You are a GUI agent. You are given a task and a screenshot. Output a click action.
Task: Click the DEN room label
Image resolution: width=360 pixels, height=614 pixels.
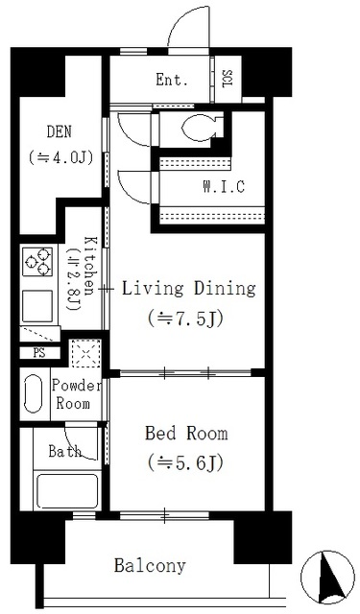tap(60, 132)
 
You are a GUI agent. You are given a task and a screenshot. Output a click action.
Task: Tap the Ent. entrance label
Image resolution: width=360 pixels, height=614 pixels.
tap(172, 80)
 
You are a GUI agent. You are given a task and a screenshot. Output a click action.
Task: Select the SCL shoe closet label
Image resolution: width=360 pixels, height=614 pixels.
tap(228, 79)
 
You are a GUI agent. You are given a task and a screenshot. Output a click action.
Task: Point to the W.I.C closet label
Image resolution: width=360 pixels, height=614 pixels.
tap(224, 186)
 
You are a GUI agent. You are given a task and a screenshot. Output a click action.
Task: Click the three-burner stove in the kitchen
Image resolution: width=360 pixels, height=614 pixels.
tap(37, 261)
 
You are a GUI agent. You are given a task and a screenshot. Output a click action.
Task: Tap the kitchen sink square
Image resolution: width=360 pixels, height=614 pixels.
tap(37, 306)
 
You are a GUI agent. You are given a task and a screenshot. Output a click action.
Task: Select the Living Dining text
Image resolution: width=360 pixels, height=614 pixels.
tap(189, 290)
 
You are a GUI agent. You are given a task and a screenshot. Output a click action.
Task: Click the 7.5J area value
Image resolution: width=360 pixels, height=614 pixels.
tap(185, 319)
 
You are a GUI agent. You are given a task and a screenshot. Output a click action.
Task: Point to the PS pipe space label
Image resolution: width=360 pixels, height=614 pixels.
tap(39, 353)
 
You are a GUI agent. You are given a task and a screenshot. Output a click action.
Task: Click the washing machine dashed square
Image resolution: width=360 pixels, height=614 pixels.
tap(86, 353)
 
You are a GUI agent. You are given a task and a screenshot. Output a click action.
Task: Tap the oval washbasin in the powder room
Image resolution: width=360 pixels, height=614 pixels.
tap(34, 393)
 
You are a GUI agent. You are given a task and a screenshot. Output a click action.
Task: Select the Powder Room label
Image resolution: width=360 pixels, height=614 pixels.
tap(76, 394)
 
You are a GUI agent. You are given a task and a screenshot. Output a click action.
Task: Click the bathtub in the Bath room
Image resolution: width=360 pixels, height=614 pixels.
tap(67, 490)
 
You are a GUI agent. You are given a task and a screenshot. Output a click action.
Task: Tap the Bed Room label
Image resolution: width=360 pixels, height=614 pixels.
tap(186, 434)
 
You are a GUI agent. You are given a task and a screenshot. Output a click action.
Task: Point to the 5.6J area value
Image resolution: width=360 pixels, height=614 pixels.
tap(185, 463)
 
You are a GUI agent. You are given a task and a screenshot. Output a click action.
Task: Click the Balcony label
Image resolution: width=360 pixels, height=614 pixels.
tap(150, 565)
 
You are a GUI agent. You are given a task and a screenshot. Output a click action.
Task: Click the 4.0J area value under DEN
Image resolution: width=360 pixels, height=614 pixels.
tap(60, 157)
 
